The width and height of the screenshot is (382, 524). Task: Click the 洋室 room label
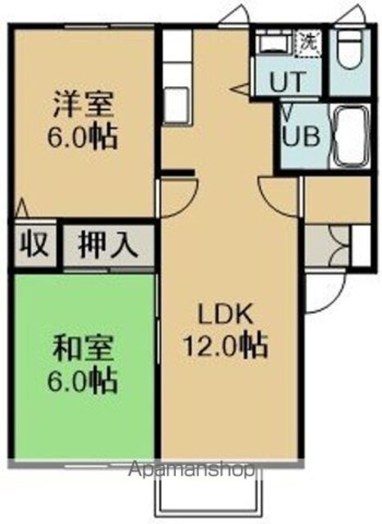83,104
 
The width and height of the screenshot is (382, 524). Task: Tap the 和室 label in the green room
83,349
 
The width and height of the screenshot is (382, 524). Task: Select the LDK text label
225,314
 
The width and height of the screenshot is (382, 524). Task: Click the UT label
287,82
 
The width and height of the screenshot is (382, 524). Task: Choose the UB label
301,136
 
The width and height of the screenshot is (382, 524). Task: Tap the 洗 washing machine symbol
309,42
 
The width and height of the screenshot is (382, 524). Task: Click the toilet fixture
350,51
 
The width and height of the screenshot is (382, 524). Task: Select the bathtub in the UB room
350,136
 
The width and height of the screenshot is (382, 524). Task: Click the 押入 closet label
108,246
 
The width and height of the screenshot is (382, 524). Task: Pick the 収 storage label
34,245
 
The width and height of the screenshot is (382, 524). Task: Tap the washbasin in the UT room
276,42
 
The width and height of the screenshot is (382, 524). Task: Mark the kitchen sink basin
176,104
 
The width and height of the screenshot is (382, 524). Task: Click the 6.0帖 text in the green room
83,380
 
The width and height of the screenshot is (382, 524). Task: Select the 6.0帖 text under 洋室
83,136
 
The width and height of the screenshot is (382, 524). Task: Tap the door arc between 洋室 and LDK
187,201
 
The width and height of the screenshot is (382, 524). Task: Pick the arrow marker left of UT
240,89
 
